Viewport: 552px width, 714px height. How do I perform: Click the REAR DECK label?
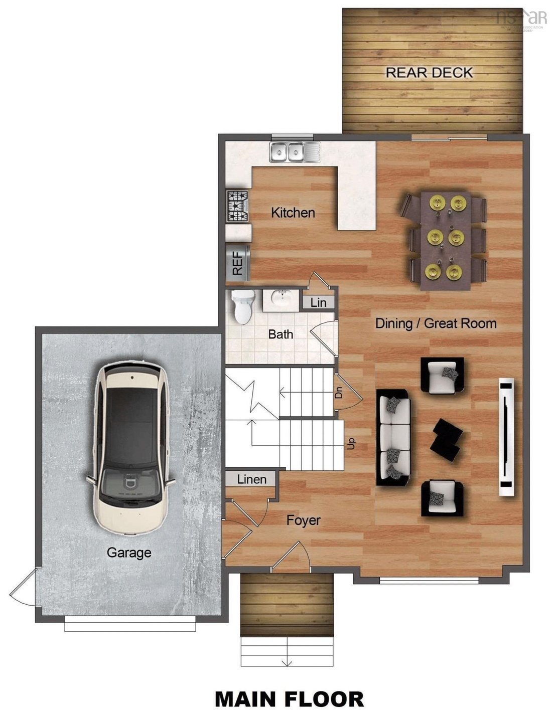[x=429, y=73]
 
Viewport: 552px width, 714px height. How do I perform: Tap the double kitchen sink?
[x=295, y=152]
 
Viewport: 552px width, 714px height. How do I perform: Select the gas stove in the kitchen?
[x=238, y=206]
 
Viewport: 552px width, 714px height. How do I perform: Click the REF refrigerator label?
[x=238, y=263]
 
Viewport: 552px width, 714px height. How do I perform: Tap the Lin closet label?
[x=318, y=302]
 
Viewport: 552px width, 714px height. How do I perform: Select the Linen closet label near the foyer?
[x=251, y=479]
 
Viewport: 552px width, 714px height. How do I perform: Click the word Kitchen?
[x=293, y=213]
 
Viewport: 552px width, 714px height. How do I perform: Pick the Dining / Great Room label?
[x=436, y=323]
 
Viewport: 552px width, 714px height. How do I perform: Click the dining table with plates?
[x=445, y=240]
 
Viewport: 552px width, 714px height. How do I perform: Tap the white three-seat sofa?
[x=394, y=437]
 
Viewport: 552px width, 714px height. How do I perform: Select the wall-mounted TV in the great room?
[x=506, y=437]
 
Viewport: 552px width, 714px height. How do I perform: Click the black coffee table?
[x=447, y=440]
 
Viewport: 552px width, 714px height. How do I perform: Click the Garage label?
[x=129, y=553]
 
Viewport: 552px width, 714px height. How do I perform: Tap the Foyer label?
[x=303, y=520]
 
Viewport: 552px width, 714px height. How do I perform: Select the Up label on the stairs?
[x=351, y=443]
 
